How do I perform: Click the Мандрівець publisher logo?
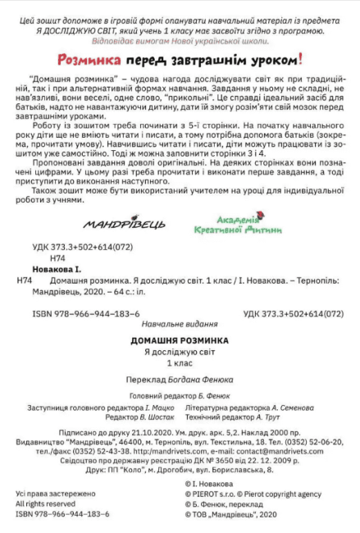(124, 224)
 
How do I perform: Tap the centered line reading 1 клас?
(180, 362)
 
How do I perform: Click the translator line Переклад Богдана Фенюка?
(180, 380)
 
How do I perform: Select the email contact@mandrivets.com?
(257, 451)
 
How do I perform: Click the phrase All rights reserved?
(43, 503)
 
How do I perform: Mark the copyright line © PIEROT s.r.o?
(216, 494)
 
